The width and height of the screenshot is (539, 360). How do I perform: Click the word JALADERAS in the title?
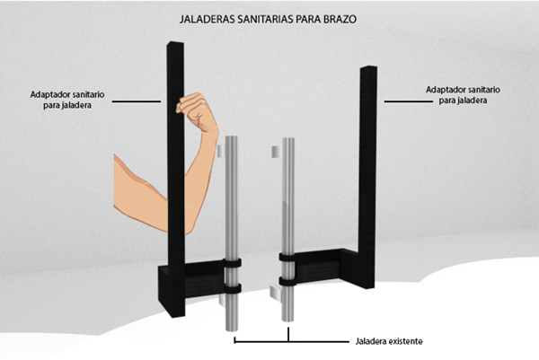208,19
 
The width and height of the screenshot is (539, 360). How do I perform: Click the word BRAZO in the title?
340,19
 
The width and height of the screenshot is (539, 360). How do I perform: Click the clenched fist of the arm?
195,110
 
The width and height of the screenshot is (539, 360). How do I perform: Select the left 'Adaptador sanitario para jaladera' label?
67,100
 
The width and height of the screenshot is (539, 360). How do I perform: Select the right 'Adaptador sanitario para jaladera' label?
463,95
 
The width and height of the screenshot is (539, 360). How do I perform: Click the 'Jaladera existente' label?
389,341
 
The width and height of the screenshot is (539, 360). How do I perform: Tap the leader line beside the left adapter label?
137,101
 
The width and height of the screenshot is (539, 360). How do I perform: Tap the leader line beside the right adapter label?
409,101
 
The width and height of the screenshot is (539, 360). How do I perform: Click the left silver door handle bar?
232,233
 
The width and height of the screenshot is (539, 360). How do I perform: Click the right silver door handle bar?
288,230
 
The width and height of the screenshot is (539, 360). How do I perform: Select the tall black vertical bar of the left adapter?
176,179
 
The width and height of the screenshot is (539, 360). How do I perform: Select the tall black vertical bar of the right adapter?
367,177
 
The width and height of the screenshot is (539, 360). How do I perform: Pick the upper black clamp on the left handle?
232,263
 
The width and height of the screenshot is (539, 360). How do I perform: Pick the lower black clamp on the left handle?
232,288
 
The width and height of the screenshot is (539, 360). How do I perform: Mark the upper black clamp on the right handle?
288,257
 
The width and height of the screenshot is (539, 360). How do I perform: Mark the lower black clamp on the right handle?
288,281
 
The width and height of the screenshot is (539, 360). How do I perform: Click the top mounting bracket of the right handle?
277,152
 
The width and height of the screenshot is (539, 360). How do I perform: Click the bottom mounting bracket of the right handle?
276,294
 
